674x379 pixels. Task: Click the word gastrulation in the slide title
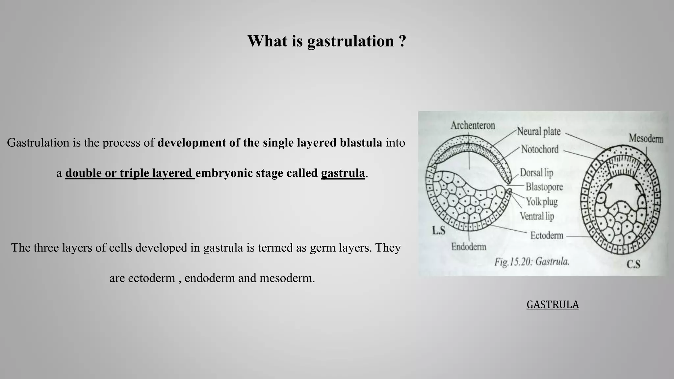click(x=350, y=41)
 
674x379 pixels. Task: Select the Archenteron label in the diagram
click(x=473, y=125)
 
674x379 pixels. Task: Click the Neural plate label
click(x=539, y=132)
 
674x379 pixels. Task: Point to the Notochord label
click(x=540, y=149)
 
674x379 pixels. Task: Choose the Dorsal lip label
click(x=536, y=173)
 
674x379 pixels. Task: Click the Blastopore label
click(x=544, y=187)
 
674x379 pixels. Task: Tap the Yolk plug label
click(x=541, y=201)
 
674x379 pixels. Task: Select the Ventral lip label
click(x=537, y=216)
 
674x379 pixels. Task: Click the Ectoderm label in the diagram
click(x=547, y=235)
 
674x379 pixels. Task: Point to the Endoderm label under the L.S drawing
click(x=469, y=247)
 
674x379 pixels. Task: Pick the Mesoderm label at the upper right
click(x=646, y=139)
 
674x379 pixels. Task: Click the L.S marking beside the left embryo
click(x=438, y=231)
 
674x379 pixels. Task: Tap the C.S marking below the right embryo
click(x=633, y=264)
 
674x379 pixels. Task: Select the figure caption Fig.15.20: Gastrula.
click(x=531, y=262)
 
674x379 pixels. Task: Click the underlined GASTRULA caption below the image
click(x=553, y=305)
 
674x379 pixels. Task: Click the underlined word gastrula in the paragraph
click(x=343, y=173)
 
